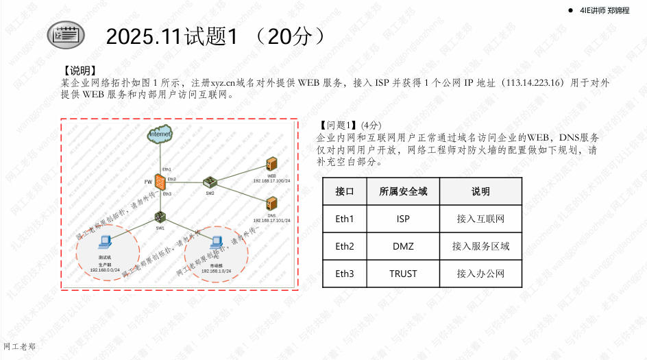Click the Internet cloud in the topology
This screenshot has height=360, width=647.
[159, 136]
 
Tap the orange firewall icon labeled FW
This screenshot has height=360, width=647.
[159, 183]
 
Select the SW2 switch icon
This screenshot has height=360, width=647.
[210, 182]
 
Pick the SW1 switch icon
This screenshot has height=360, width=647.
[160, 218]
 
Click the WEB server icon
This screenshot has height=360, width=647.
[271, 165]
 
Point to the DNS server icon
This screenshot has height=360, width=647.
[271, 204]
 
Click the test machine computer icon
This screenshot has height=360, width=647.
[105, 242]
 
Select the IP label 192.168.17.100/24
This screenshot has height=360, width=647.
[271, 180]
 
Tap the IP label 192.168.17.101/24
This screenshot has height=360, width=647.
[271, 220]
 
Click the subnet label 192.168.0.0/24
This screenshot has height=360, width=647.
[105, 270]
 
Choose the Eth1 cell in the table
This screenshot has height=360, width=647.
[345, 219]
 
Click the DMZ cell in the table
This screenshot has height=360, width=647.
[403, 246]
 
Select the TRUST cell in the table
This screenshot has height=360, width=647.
[403, 274]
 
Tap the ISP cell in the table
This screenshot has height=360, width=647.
[403, 219]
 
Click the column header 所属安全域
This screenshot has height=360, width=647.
[403, 191]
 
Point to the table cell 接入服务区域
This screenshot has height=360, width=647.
[480, 246]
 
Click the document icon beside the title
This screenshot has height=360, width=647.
[66, 34]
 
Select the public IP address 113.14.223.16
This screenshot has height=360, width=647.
[532, 82]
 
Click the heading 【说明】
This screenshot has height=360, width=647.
[78, 70]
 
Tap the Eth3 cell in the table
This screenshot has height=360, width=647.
[345, 274]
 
